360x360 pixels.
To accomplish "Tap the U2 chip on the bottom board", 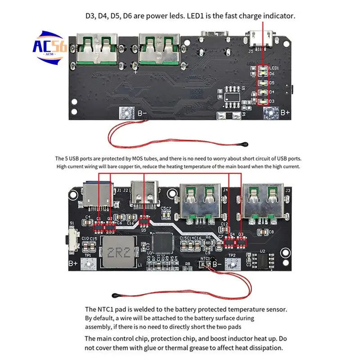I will click(262, 260).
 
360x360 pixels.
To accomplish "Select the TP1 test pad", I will click(88, 264).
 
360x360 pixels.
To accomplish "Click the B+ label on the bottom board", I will click(73, 264).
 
